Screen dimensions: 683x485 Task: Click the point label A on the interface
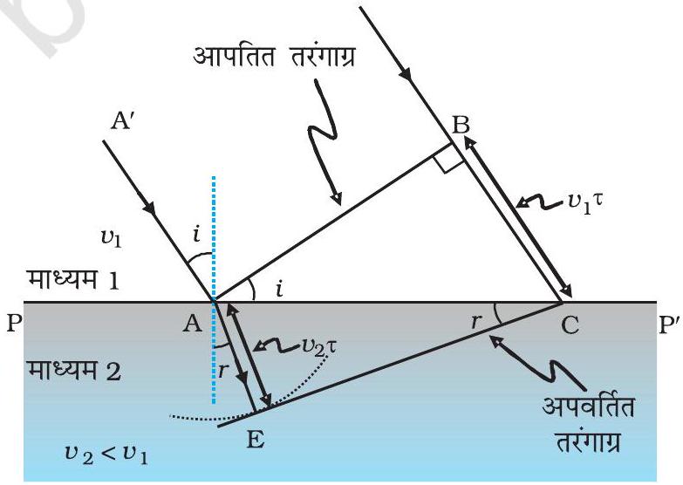(192, 324)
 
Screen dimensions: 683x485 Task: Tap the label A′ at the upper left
(123, 120)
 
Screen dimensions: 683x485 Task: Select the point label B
(461, 124)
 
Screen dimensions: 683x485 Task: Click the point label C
(570, 324)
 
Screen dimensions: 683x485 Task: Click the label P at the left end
(14, 324)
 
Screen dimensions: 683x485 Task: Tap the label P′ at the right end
(669, 324)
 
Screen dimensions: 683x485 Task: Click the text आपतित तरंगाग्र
(274, 57)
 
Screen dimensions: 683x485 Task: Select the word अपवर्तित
(588, 407)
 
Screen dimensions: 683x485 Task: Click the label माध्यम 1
(72, 279)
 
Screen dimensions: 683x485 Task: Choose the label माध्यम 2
(73, 372)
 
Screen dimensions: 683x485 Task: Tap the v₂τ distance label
(319, 346)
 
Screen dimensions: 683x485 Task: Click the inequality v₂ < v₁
(106, 454)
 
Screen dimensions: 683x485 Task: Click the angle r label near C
(476, 321)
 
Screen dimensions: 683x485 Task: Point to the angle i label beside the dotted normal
(197, 235)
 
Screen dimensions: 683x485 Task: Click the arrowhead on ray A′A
(149, 208)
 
